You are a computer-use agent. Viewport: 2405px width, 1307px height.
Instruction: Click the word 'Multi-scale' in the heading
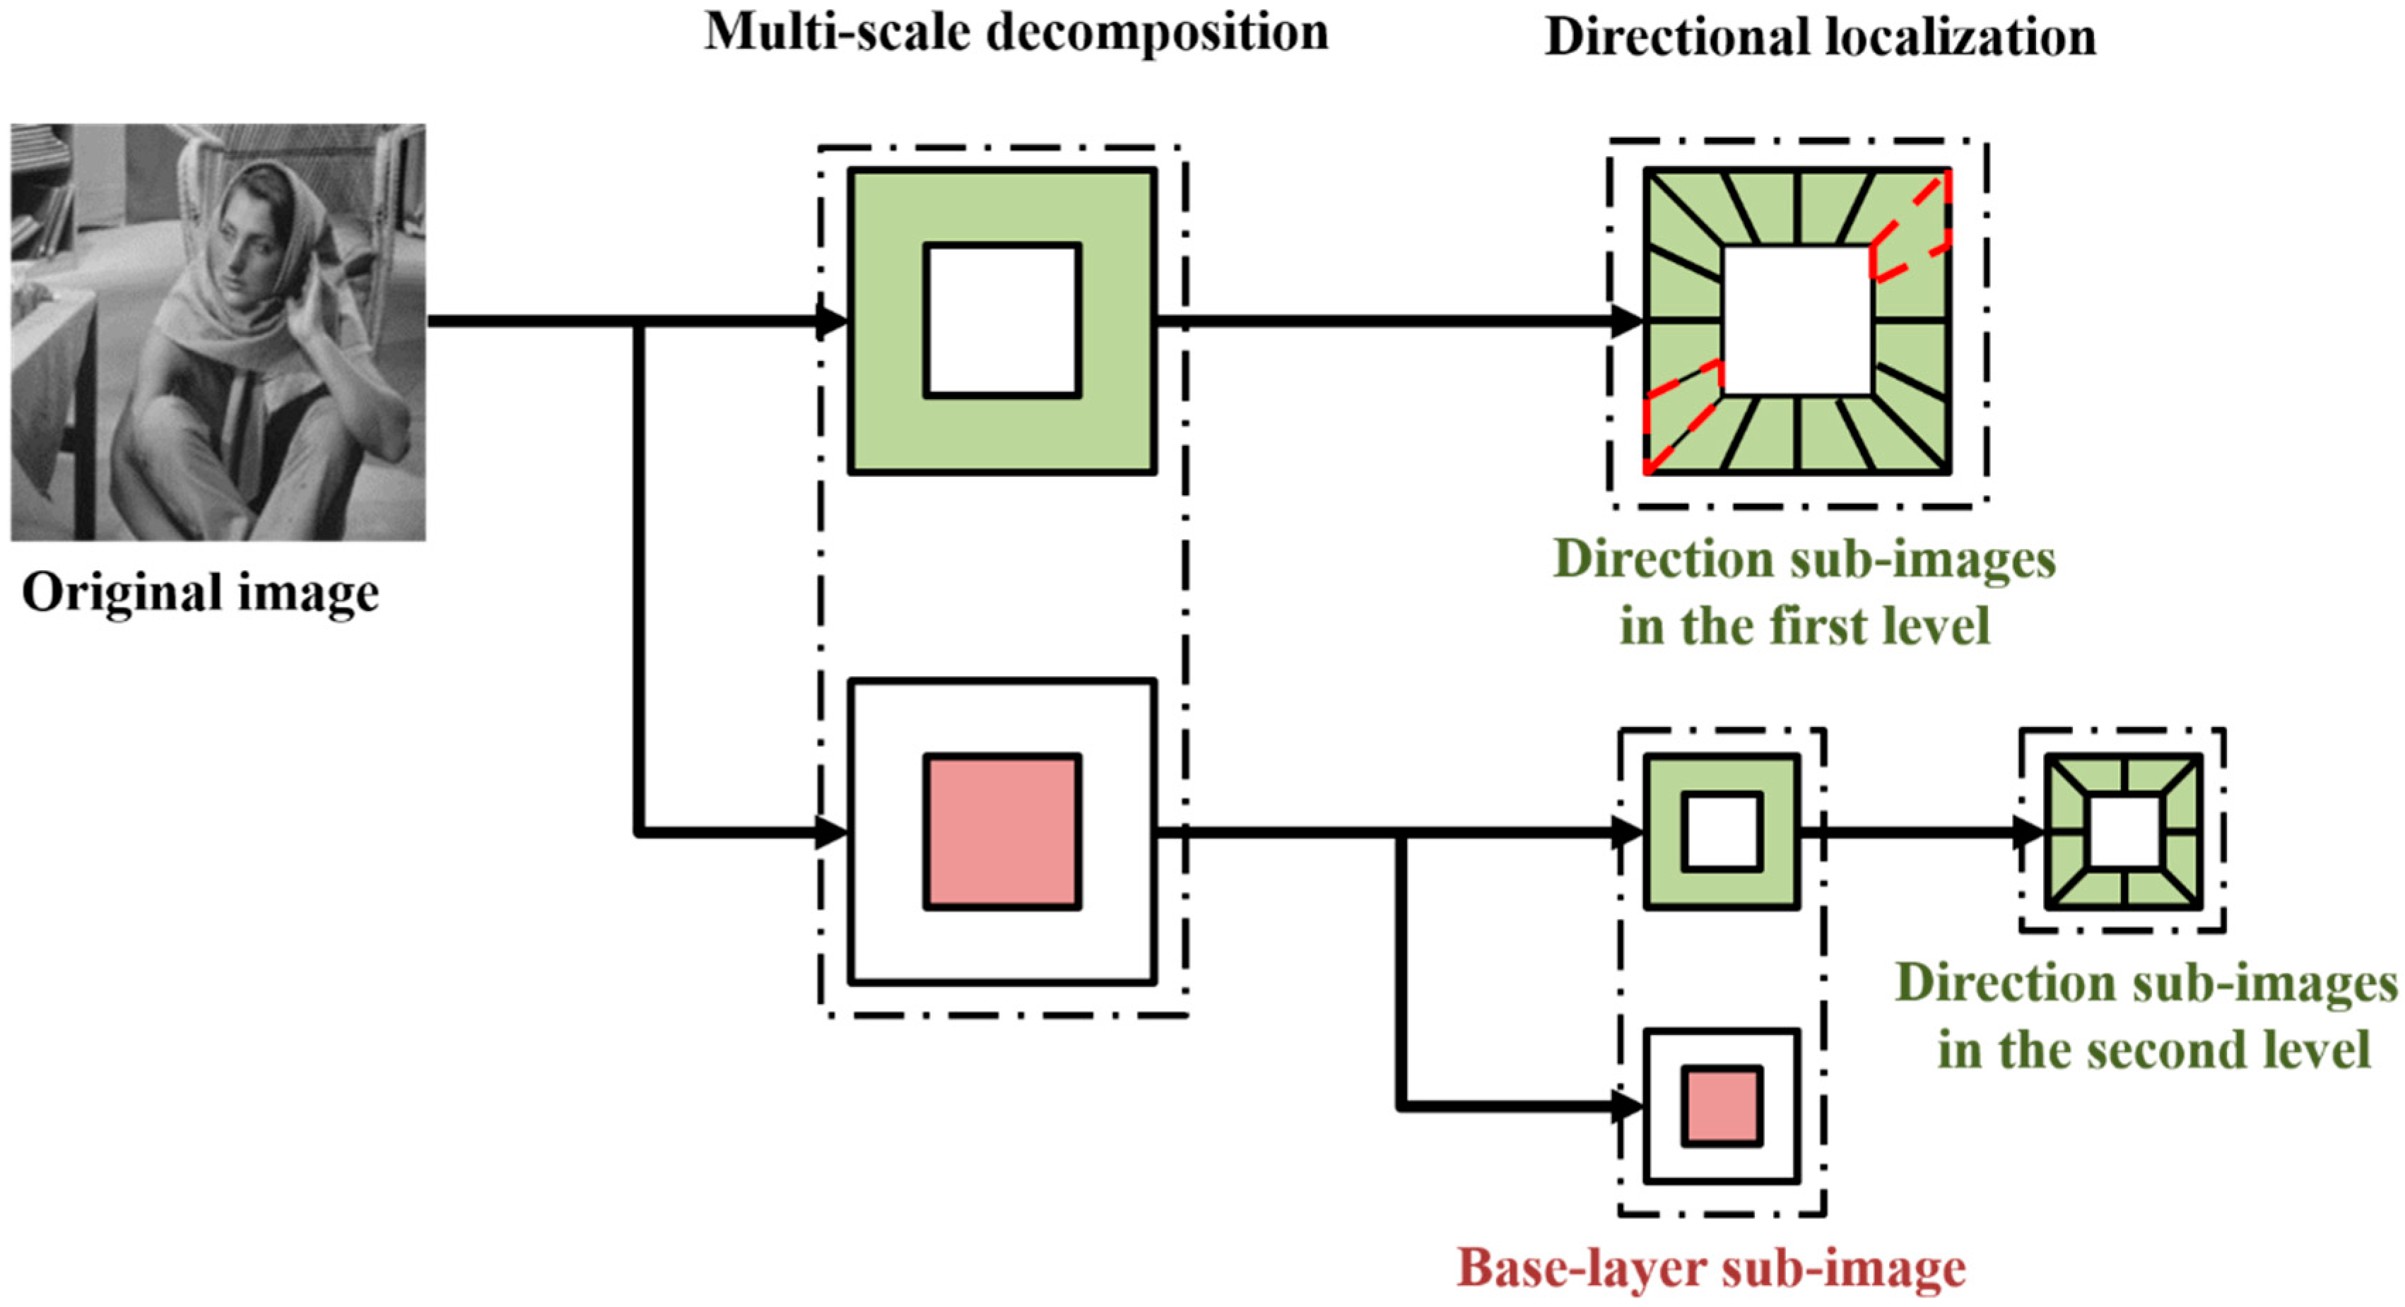pyautogui.click(x=835, y=32)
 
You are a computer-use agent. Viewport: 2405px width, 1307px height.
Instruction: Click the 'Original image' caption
pyautogui.click(x=200, y=593)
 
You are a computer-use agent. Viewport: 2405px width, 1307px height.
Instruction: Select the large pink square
pyautogui.click(x=1001, y=832)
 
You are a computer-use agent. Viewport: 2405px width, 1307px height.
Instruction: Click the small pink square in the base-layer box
pyautogui.click(x=1722, y=1106)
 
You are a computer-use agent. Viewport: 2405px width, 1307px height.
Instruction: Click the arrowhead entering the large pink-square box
pyautogui.click(x=831, y=832)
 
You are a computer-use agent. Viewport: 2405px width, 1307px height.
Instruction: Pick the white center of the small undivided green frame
pyautogui.click(x=1722, y=832)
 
